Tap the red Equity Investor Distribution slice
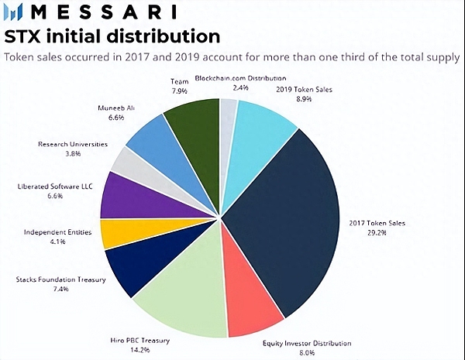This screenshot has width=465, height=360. [x=252, y=306]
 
